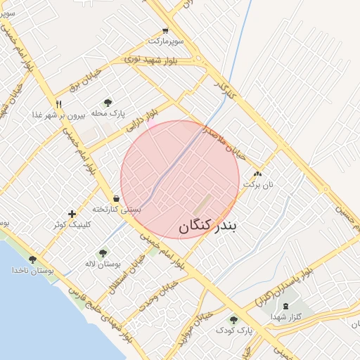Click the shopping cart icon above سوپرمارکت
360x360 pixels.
pyautogui.click(x=165, y=31)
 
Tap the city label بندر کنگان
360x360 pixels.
pyautogui.click(x=209, y=226)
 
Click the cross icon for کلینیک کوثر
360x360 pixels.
pyautogui.click(x=72, y=214)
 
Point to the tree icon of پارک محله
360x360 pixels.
pyautogui.click(x=108, y=103)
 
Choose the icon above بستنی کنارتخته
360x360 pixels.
pyautogui.click(x=115, y=198)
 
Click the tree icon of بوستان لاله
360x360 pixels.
pyautogui.click(x=103, y=252)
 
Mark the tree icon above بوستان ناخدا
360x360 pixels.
pyautogui.click(x=32, y=259)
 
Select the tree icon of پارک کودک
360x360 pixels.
pyautogui.click(x=233, y=320)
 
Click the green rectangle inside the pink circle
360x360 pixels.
pyautogui.click(x=202, y=205)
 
